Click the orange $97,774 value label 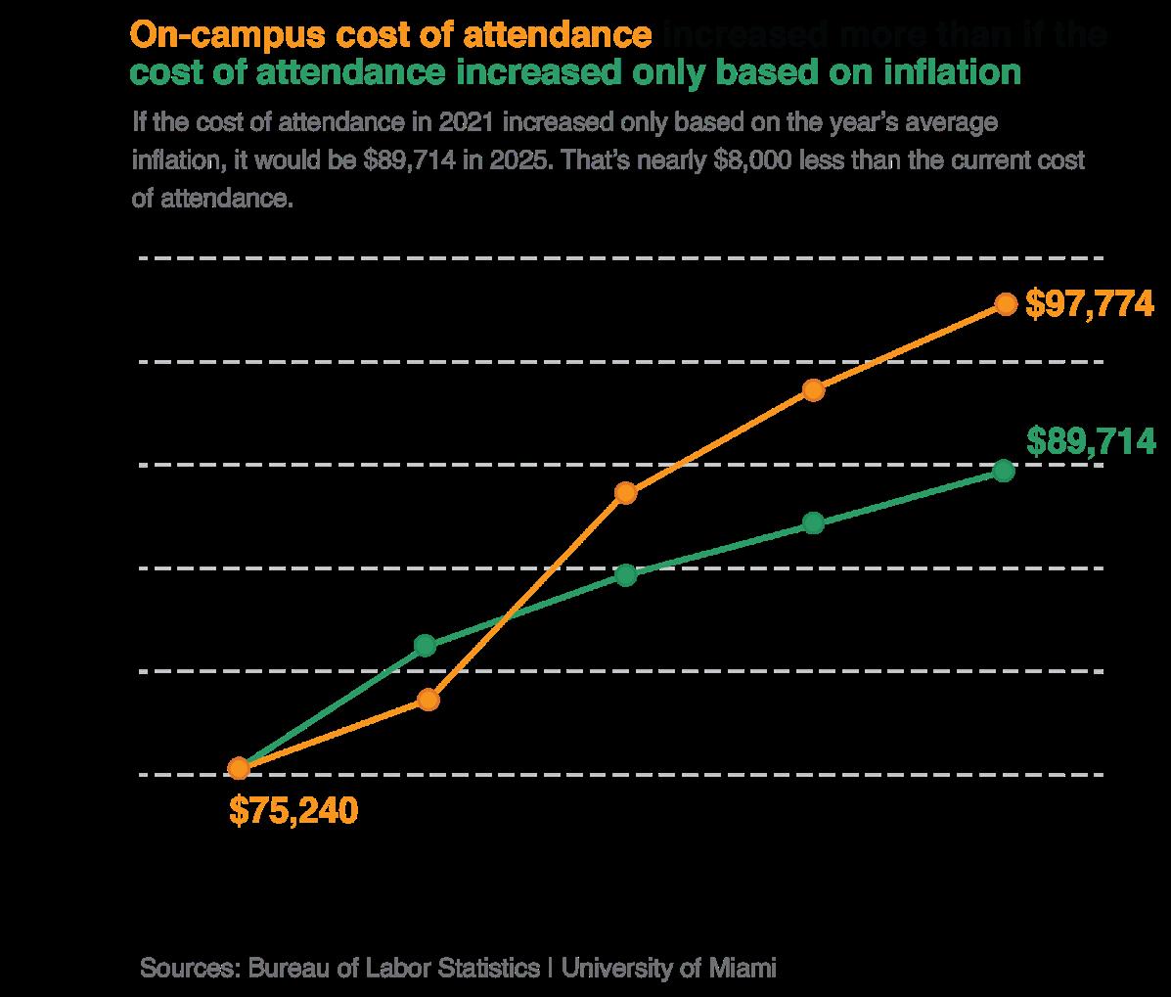(1090, 304)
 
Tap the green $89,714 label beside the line (1090, 442)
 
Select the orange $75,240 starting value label (293, 810)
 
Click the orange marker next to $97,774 (1005, 303)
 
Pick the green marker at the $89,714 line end (1003, 471)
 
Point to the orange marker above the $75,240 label (238, 768)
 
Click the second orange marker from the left (428, 700)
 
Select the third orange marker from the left (626, 492)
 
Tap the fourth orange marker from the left (813, 390)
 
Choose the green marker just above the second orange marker (425, 645)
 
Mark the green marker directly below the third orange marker (626, 575)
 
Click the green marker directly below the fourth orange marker (813, 523)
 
